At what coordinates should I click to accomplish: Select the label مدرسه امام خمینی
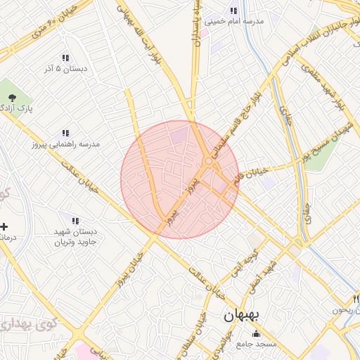click(x=233, y=22)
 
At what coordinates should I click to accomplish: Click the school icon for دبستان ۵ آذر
click(x=65, y=58)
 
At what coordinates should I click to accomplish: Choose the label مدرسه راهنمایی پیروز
click(x=65, y=143)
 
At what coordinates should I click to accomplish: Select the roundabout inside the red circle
click(x=208, y=163)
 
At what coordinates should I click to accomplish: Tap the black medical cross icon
click(x=4, y=226)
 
